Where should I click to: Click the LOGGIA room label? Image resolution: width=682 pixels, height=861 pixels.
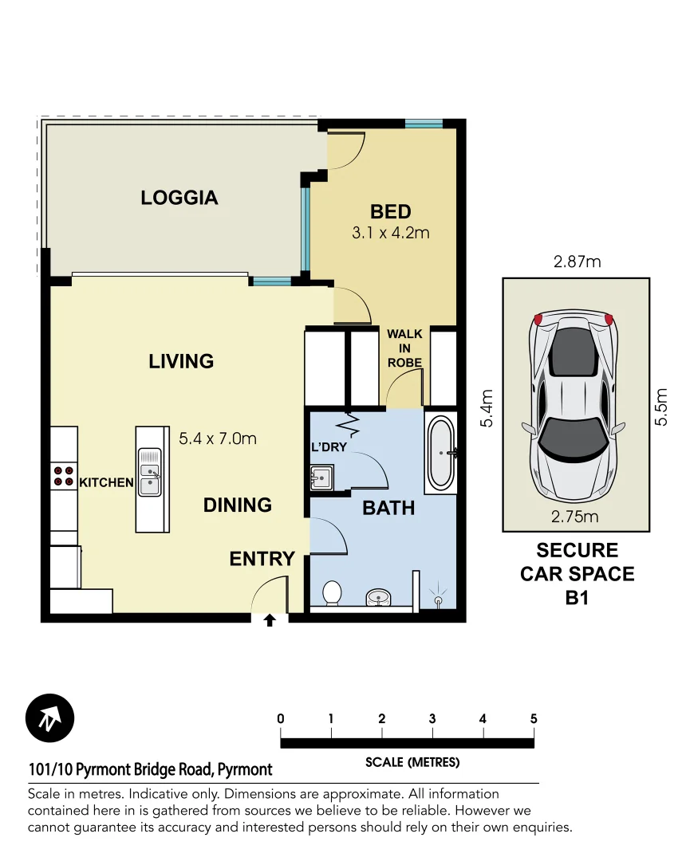(x=179, y=198)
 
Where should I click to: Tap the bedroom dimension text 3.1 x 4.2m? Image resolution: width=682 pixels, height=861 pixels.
(x=390, y=234)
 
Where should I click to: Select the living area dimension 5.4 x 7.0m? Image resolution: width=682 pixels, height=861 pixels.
(x=218, y=438)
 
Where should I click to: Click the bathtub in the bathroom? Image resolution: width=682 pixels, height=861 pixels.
(x=440, y=452)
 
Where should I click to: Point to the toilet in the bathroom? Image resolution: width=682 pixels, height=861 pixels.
(x=332, y=592)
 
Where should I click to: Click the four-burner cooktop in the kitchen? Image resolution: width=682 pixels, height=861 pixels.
(x=63, y=476)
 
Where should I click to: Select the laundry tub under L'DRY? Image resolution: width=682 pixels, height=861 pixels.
(x=321, y=478)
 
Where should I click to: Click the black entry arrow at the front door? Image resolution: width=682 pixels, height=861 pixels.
(x=270, y=619)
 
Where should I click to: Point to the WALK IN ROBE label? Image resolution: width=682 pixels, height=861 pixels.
(x=404, y=348)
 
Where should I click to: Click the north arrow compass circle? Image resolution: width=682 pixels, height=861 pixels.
(x=49, y=718)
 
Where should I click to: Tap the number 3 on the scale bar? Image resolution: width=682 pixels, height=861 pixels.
(x=432, y=719)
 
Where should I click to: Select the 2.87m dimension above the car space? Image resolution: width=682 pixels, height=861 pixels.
(x=576, y=261)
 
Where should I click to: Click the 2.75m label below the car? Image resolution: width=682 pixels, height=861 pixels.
(x=575, y=516)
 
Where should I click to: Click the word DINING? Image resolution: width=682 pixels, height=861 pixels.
(x=237, y=505)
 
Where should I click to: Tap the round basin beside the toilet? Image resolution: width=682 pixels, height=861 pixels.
(x=379, y=596)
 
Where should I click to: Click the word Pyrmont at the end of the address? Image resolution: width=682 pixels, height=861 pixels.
(x=244, y=769)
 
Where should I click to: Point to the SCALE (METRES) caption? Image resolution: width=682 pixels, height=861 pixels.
(x=412, y=762)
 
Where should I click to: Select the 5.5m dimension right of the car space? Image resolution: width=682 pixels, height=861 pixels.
(x=661, y=406)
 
